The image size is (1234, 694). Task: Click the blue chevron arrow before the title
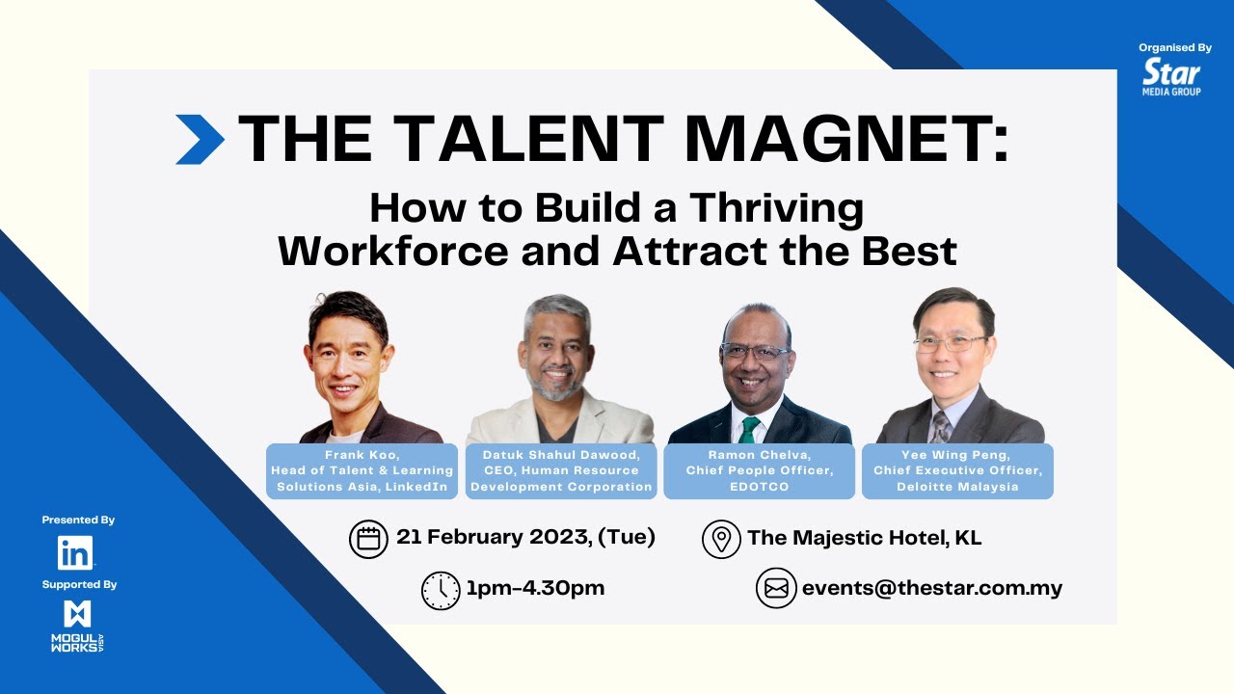200,140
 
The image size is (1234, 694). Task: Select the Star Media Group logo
1171,76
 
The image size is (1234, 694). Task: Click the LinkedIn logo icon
75,552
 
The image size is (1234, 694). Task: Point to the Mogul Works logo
77,627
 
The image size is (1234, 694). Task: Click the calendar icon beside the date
368,539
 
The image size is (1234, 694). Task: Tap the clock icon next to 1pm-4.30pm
441,590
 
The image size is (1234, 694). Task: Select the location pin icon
721,539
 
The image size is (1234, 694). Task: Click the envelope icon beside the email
775,589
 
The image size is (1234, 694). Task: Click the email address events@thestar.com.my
931,588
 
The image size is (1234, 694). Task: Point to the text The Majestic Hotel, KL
864,538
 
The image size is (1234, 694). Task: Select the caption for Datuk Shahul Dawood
561,471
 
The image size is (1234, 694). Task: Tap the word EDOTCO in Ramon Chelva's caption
759,487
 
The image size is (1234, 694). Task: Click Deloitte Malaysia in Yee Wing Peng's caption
956,487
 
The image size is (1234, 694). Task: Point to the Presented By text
78,520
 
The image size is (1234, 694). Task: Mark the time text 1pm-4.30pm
535,588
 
